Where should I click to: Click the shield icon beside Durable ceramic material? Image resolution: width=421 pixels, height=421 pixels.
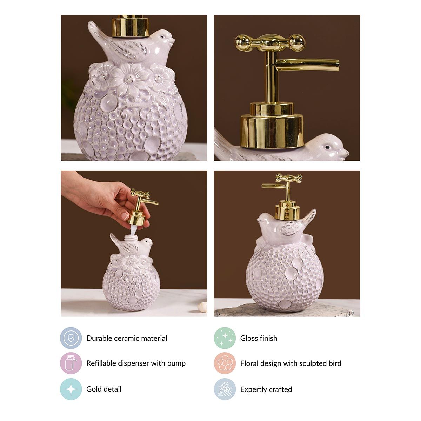71,338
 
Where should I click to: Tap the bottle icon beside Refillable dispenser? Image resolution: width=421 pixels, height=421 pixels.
71,363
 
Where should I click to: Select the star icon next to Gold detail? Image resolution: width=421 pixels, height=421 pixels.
71,389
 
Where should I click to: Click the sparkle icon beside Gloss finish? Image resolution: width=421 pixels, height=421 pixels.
225,338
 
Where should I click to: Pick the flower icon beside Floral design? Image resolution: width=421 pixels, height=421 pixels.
225,363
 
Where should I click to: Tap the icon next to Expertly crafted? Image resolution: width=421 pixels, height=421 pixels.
225,389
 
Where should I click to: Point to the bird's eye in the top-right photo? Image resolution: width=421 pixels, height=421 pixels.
327,147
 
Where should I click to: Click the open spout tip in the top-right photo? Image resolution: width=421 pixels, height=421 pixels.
337,65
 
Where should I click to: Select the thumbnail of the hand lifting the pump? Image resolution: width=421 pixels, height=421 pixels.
134,243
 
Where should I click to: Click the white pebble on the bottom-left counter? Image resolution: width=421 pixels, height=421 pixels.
202,307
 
